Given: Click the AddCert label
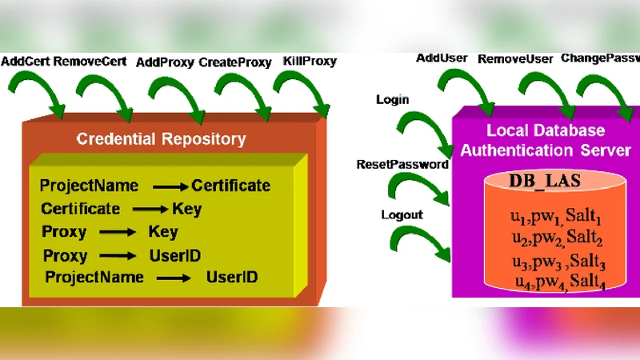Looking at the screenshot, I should tap(26, 61).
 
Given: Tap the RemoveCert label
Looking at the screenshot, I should tap(88, 61).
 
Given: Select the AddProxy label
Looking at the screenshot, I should tap(165, 62).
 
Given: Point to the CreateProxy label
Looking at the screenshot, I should tap(237, 62).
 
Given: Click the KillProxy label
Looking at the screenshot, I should tap(310, 62).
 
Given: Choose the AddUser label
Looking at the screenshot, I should tap(442, 58).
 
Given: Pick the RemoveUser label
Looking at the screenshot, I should tap(515, 58).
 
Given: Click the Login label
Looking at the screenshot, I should tap(392, 100).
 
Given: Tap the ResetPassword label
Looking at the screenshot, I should tap(402, 164).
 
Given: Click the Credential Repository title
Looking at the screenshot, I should tap(161, 139).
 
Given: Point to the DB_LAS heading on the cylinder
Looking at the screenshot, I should tap(543, 182).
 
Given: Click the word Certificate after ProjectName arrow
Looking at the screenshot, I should tap(230, 186).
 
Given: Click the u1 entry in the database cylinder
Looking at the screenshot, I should tap(518, 218).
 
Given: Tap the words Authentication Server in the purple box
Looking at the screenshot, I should tap(546, 150).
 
